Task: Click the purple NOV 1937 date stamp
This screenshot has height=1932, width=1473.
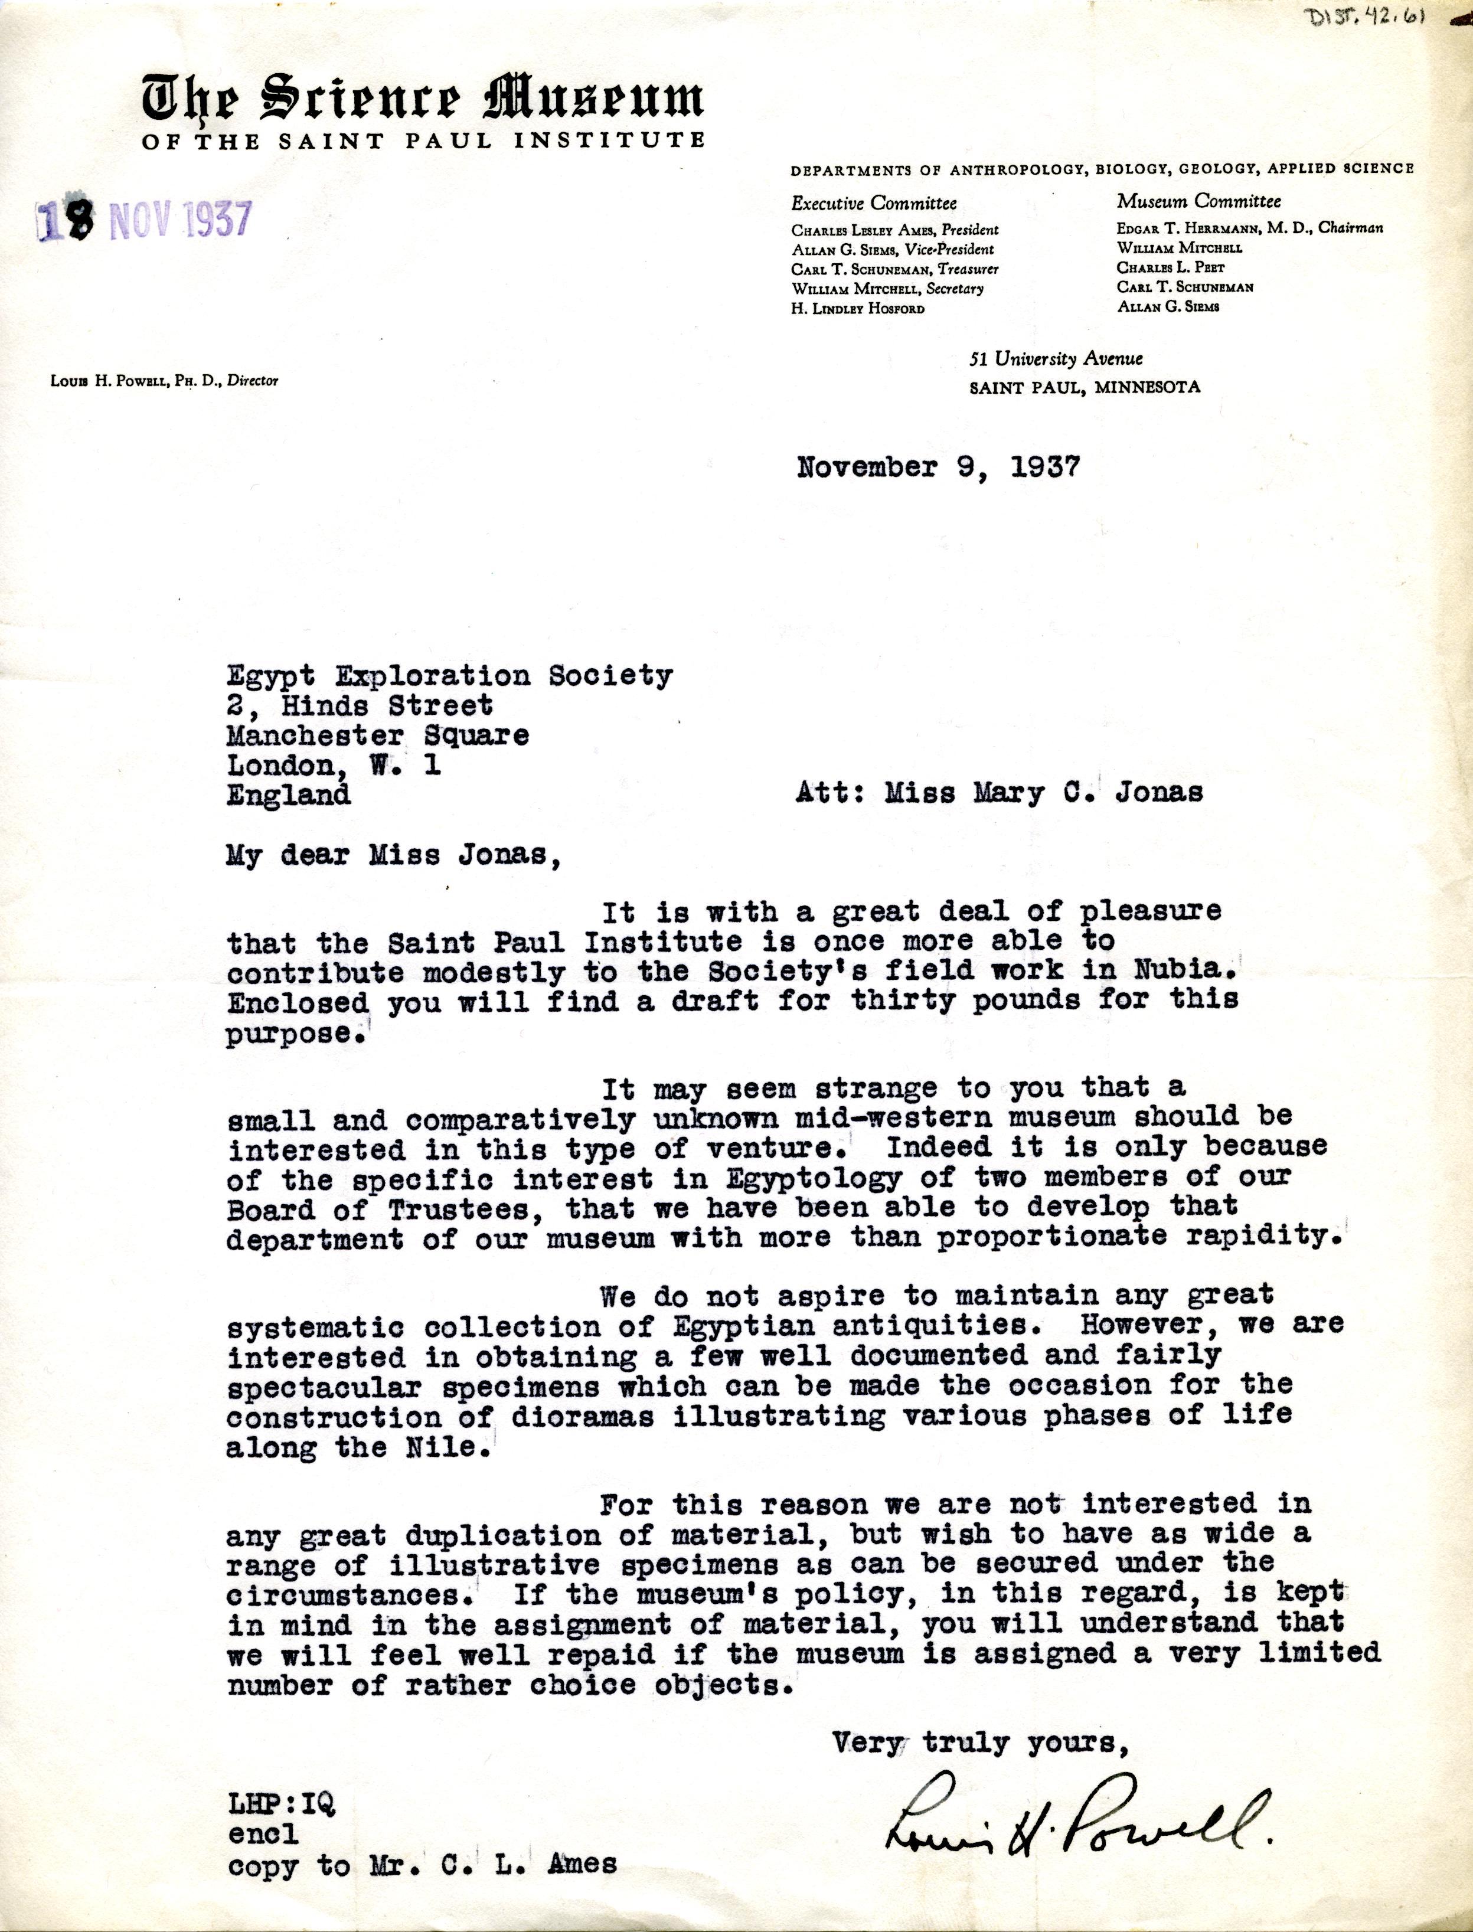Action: point(145,221)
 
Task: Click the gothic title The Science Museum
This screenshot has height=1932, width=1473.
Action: point(422,99)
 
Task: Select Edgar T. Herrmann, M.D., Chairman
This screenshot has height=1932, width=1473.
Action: point(1249,228)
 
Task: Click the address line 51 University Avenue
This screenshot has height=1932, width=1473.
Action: point(1056,358)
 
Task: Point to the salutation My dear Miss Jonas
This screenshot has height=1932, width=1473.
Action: point(393,855)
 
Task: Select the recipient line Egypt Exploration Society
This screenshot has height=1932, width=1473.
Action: point(450,676)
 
